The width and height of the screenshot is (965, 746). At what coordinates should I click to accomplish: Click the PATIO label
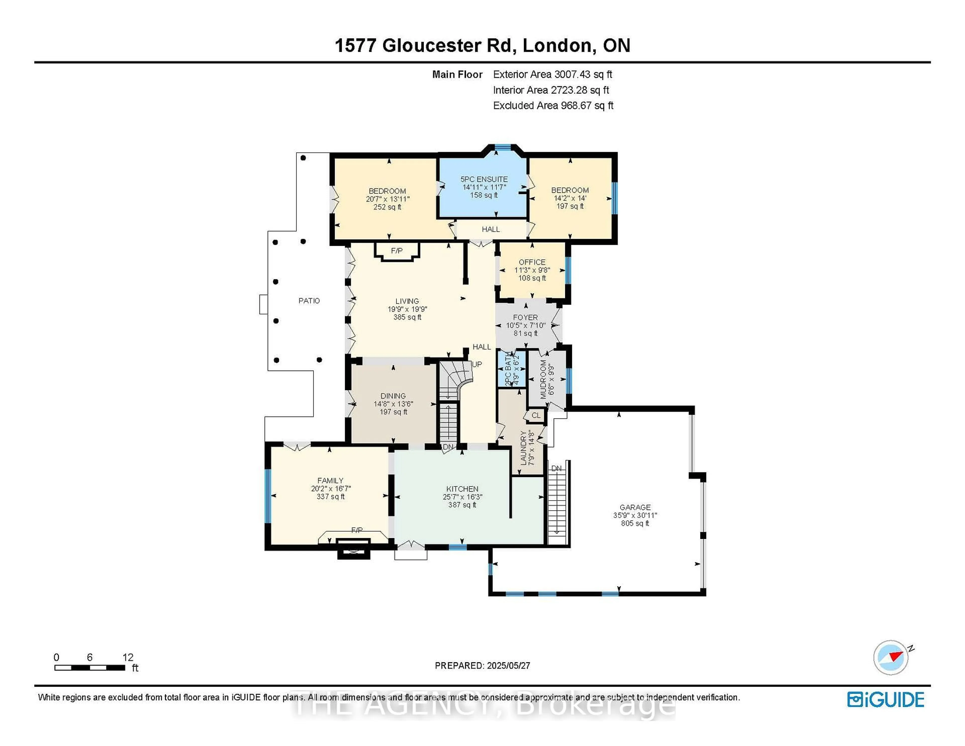click(x=309, y=301)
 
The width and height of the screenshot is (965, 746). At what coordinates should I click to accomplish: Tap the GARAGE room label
click(x=635, y=507)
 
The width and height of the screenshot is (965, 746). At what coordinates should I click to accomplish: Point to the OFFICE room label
click(x=532, y=262)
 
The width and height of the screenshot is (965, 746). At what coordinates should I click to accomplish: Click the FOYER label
click(x=525, y=317)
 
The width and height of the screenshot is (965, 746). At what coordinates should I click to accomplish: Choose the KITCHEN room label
click(x=462, y=489)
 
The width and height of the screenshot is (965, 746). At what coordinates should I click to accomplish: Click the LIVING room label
click(x=407, y=301)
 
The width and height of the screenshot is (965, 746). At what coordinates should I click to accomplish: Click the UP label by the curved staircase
click(x=477, y=364)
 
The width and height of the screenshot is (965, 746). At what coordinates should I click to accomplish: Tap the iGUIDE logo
click(x=886, y=700)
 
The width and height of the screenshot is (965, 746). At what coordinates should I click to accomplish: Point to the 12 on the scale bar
click(x=128, y=657)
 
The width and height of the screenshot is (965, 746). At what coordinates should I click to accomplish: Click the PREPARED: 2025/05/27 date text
click(x=482, y=666)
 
